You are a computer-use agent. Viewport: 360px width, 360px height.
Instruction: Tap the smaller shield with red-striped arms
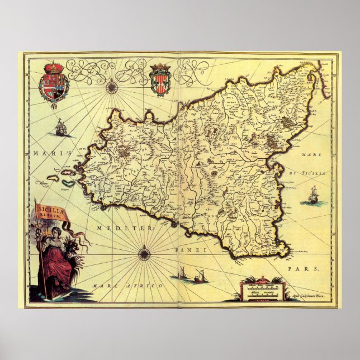[x=159, y=78]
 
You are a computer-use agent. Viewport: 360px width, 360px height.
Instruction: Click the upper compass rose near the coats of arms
[x=112, y=87]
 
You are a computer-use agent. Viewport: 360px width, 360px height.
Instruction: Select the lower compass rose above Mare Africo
[x=144, y=255]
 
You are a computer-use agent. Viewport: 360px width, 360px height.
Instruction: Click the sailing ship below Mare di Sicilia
[x=310, y=196]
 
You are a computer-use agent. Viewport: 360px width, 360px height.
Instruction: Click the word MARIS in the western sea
[x=41, y=153]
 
